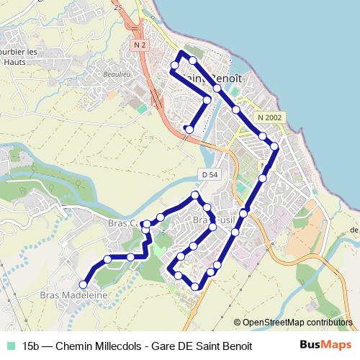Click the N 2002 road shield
click(x=271, y=117)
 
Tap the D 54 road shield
click(x=210, y=175)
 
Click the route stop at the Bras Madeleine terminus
click(x=84, y=284)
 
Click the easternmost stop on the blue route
click(x=274, y=147)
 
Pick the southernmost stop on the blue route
click(x=195, y=287)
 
